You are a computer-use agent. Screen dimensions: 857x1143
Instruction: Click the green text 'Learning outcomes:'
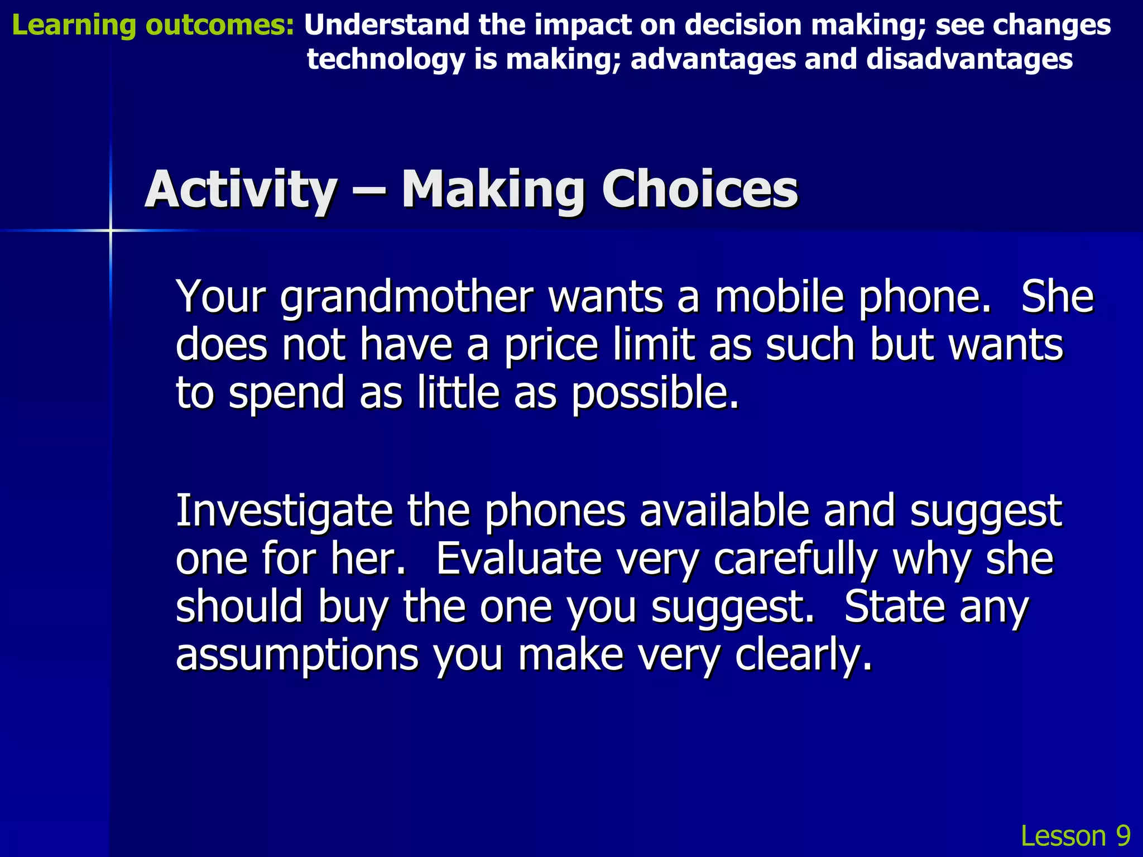click(152, 26)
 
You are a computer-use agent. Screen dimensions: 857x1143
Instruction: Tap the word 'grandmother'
click(407, 298)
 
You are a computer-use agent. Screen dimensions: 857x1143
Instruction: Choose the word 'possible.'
click(655, 394)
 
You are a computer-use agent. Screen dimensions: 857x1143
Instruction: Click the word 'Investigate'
click(284, 512)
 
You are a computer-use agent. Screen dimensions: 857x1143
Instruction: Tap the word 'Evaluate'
click(518, 559)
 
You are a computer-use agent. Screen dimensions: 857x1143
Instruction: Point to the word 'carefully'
click(795, 560)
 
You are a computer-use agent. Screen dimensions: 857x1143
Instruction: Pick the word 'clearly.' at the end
click(803, 656)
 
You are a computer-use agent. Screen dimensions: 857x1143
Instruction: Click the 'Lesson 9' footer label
click(1075, 836)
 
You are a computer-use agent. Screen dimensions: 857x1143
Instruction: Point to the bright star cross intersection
click(111, 230)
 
